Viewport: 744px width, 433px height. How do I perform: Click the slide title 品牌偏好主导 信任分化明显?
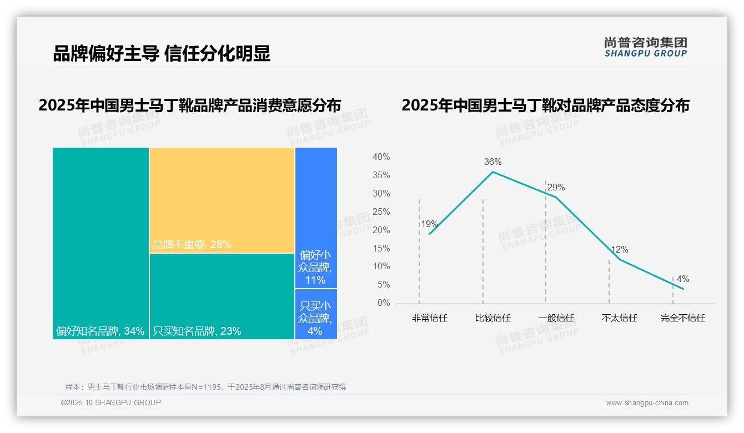pos(162,54)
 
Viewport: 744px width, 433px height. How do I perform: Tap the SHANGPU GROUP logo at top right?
pos(645,47)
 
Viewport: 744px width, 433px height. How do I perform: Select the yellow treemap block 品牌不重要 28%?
pos(222,200)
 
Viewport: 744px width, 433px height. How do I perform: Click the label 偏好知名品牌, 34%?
pos(100,331)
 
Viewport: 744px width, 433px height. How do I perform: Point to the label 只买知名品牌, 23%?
pos(197,331)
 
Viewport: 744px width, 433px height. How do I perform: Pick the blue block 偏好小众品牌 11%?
pos(315,267)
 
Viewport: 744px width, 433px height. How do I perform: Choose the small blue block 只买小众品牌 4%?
pos(315,318)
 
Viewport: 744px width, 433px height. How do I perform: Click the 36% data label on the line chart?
pos(492,162)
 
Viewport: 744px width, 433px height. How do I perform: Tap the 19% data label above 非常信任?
pos(429,224)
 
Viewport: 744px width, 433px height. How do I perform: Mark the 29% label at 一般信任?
pos(556,188)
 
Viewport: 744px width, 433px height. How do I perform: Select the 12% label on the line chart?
pos(619,250)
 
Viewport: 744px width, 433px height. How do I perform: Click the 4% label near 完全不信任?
pos(682,279)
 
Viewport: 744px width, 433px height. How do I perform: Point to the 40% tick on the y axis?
pos(381,157)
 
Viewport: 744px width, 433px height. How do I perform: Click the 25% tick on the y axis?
pos(381,212)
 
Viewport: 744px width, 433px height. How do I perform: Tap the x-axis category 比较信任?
pos(492,318)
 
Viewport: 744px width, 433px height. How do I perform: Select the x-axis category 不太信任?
pos(619,318)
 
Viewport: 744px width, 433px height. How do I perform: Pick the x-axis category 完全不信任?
pos(682,318)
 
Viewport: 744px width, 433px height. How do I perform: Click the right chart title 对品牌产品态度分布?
pos(545,105)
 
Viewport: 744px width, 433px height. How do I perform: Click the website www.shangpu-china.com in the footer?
pos(647,403)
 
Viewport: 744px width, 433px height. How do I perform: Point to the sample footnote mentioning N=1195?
pos(205,387)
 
